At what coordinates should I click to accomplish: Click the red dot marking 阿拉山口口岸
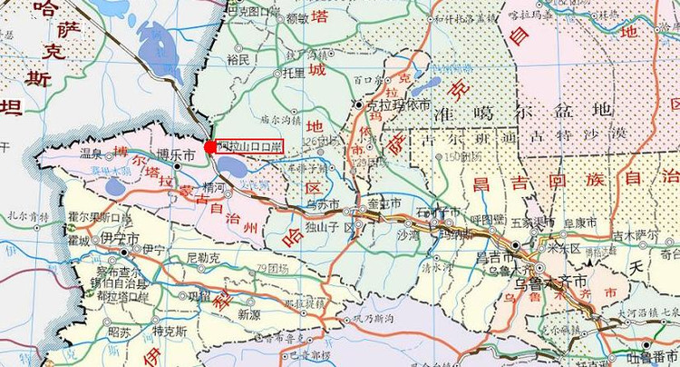click(209, 146)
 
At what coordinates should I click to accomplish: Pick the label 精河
click(215, 188)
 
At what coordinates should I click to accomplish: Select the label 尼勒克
click(203, 257)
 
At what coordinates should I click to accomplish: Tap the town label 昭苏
click(119, 332)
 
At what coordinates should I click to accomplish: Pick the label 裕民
click(238, 59)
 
